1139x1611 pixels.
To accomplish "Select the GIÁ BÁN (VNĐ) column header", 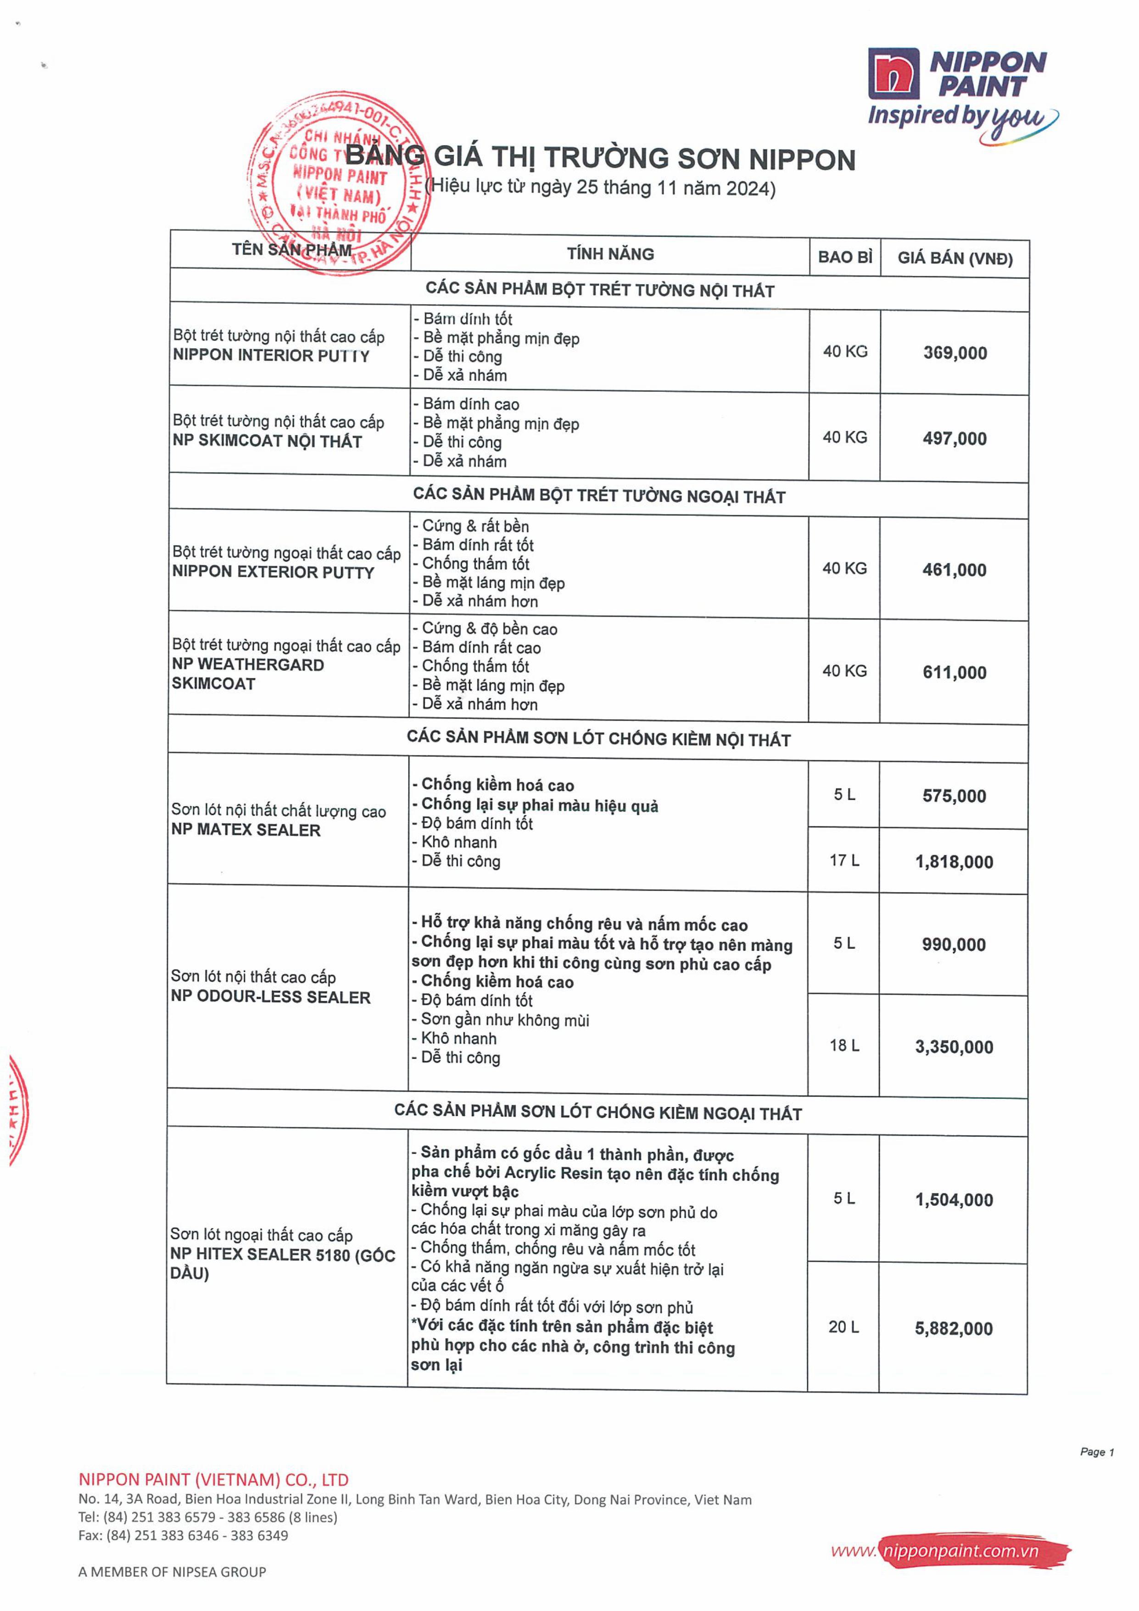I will (x=955, y=258).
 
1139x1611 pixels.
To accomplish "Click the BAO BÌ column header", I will (x=844, y=257).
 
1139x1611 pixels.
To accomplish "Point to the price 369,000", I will (x=955, y=353).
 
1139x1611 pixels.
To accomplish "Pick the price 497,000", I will (x=955, y=439).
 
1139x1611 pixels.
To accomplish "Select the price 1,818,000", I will (x=954, y=862).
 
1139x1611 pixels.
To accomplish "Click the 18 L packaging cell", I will (x=843, y=1045).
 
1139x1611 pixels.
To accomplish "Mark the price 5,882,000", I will (x=953, y=1328).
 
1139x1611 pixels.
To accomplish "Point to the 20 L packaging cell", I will (x=843, y=1327).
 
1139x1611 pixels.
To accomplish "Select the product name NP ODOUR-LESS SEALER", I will (x=270, y=997).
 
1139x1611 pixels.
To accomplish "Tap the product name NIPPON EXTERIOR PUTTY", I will (x=273, y=572).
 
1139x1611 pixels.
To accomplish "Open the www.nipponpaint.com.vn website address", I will (x=949, y=1550).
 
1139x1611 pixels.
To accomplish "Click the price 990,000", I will (x=954, y=944).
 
